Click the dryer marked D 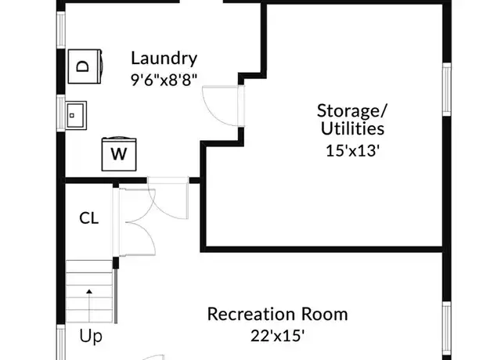pos(85,67)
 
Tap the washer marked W pos(119,153)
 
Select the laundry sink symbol pos(76,115)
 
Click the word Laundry pos(164,59)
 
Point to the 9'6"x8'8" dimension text pos(164,80)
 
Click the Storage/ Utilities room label pos(352,120)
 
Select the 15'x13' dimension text pos(352,150)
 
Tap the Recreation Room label pos(277,314)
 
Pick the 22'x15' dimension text pos(277,336)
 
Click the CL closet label pos(88,218)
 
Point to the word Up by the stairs pos(91,337)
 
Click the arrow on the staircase pos(89,306)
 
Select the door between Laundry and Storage pos(224,106)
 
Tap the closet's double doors pos(135,222)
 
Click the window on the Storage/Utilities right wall pos(447,89)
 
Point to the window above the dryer pos(61,30)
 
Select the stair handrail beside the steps pos(116,296)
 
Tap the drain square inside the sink pos(72,116)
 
